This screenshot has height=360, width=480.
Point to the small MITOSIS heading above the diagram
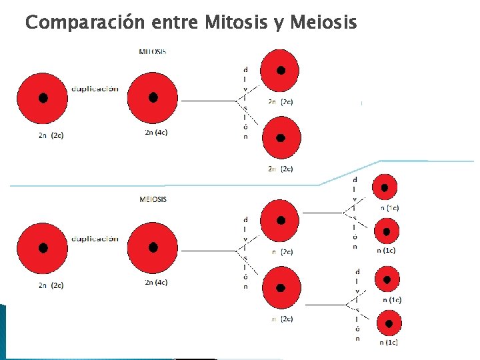coord(153,51)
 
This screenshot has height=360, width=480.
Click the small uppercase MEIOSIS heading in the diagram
coord(153,199)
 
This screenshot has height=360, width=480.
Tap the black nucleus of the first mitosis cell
coord(43,97)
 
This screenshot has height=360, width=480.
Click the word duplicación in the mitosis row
coord(95,89)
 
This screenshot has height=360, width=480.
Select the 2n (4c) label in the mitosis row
coord(156,133)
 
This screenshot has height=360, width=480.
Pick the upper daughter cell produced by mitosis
coord(281,71)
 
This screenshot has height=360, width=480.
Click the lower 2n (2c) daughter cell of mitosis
coord(281,138)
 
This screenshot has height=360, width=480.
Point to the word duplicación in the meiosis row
coord(95,239)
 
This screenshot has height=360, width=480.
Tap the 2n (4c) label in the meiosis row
coord(156,283)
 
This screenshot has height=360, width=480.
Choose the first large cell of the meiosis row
coord(43,247)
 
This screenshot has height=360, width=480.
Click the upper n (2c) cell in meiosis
coord(281,221)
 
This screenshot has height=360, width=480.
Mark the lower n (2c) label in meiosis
coord(283,319)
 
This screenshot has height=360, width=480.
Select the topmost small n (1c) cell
coord(385,188)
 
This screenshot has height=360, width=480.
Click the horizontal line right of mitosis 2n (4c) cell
coord(209,101)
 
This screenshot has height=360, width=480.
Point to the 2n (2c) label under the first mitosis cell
coord(51,135)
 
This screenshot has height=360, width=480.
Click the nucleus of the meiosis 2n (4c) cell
coord(153,247)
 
